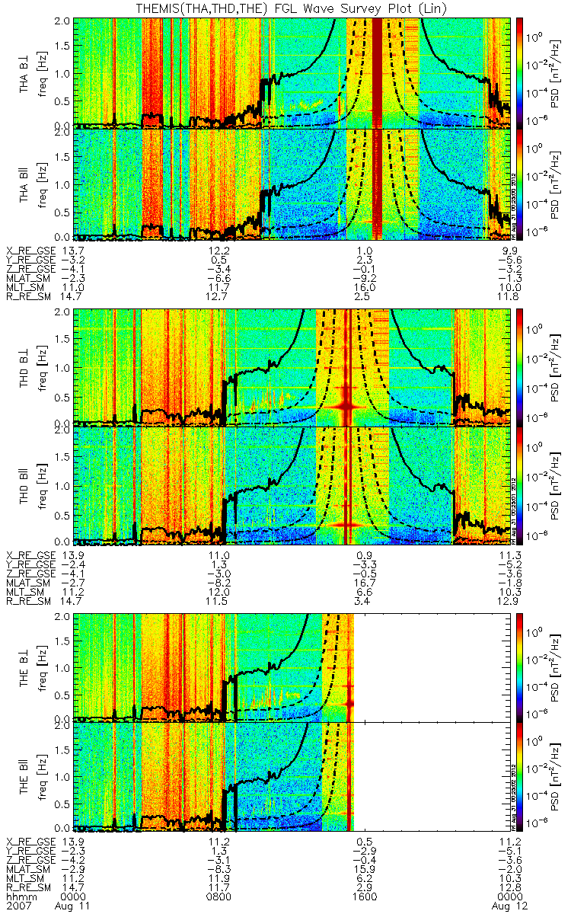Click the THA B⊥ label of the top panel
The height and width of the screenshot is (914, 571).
tap(25, 72)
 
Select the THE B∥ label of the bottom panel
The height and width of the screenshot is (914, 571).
tap(25, 775)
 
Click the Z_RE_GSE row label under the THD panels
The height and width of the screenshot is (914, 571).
tap(29, 572)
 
